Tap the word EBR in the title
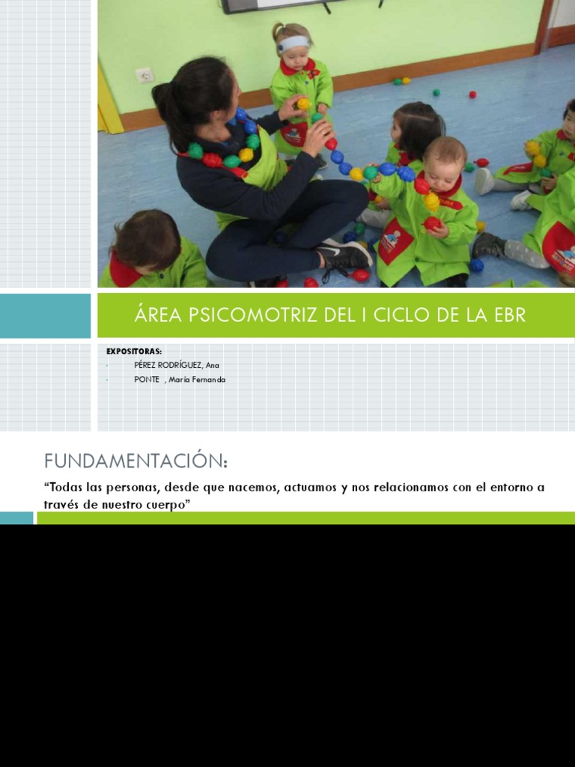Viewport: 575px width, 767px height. click(x=510, y=315)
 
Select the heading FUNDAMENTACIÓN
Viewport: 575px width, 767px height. click(x=136, y=459)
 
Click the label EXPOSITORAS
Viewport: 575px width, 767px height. click(x=134, y=351)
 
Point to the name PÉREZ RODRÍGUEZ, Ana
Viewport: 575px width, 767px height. click(x=177, y=365)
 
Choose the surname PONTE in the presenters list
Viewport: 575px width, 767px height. click(x=147, y=379)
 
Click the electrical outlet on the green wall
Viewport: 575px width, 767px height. click(x=144, y=75)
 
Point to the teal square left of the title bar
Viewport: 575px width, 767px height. click(x=45, y=315)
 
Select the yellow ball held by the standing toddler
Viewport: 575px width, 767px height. click(x=303, y=103)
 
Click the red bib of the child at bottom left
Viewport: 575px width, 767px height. click(x=123, y=271)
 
